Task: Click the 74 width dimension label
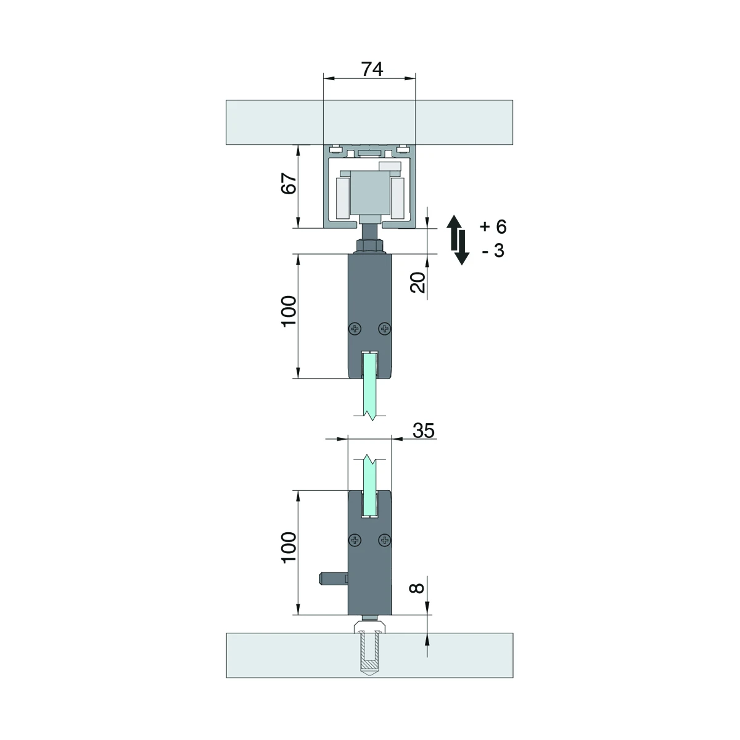pos(372,69)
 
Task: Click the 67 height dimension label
pos(289,184)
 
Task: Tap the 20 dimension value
pos(418,282)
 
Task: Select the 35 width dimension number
pos(424,430)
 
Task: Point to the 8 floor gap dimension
pos(417,588)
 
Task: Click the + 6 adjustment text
pos(493,226)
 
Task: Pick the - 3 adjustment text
pos(493,250)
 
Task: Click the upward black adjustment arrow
pos(454,232)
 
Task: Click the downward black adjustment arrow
pos(462,248)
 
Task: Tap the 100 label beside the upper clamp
pos(289,311)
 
